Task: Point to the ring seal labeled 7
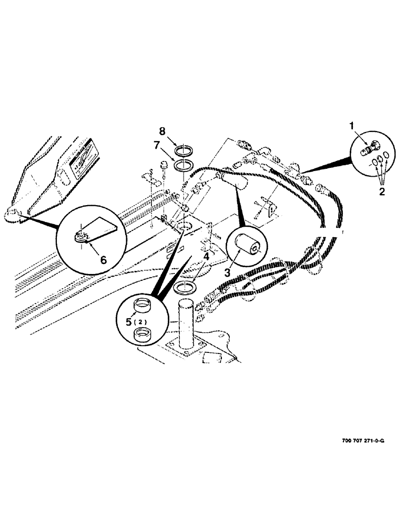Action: tap(182, 166)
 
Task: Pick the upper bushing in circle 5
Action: tap(142, 306)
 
